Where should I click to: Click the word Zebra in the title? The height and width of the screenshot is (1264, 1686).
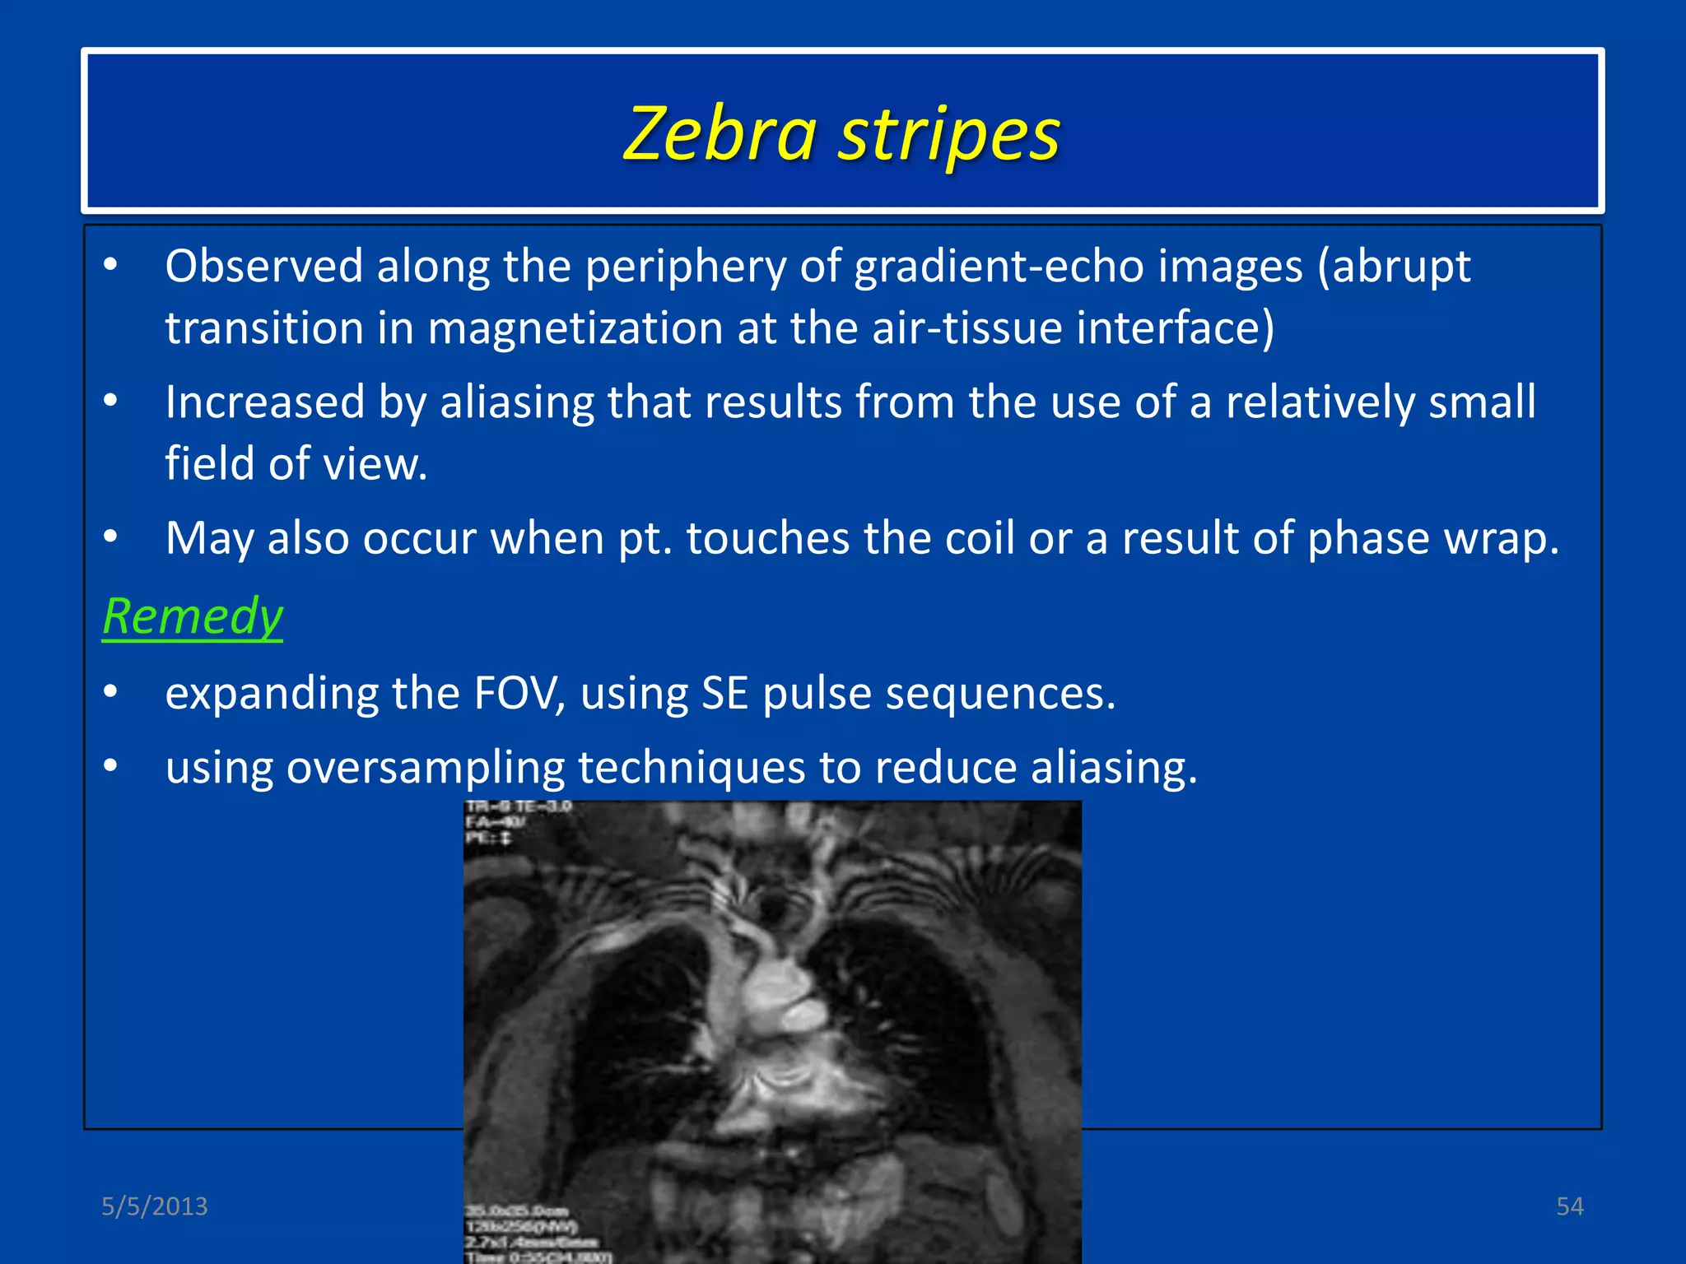720,134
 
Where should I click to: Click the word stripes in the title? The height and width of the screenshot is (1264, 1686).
949,136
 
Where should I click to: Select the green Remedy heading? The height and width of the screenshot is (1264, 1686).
193,616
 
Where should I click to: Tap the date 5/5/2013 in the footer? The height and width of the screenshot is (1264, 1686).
155,1206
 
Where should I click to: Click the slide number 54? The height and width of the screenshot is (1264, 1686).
1570,1206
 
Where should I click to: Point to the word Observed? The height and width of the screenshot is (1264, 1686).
263,266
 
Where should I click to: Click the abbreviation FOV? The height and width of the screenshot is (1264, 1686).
519,692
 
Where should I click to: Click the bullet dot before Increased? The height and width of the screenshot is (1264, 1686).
111,402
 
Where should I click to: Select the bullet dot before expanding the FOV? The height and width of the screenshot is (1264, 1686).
111,692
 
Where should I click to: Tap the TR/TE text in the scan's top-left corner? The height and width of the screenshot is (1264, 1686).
519,807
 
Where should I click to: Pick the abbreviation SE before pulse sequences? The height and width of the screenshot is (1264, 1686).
724,692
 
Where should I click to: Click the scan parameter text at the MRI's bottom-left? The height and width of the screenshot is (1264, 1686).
535,1234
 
